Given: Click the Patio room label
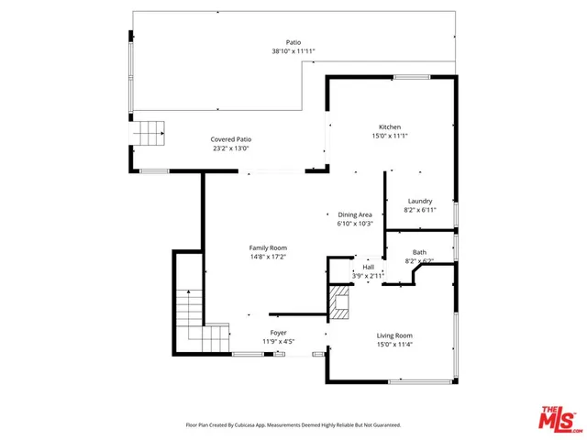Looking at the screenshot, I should pos(293,42).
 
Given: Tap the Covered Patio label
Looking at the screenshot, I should pos(231,138).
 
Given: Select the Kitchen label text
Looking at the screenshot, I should pos(391,126).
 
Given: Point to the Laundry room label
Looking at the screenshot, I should pos(420,201).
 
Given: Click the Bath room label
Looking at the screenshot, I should pos(419,252).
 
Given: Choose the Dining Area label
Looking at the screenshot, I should pos(354,214).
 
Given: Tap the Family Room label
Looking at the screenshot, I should pos(269,247).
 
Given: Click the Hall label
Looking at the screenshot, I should pos(368,267).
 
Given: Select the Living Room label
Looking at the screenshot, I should pos(395,335).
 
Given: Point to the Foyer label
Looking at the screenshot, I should pos(278,332).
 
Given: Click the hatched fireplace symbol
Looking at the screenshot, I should pos(340,304).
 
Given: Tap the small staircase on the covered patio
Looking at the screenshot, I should pos(150,134).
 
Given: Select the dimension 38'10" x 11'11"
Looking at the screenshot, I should pos(293,51).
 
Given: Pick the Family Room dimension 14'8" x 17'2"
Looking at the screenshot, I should pos(269,257).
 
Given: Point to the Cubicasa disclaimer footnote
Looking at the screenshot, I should pos(293,425).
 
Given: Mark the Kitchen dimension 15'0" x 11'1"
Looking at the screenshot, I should pos(391,136).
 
